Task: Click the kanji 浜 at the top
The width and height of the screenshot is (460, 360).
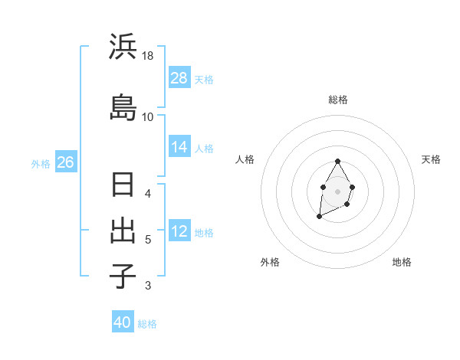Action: pyautogui.click(x=123, y=47)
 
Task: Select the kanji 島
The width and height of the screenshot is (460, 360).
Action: pyautogui.click(x=123, y=107)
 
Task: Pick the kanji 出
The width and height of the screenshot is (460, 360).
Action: pyautogui.click(x=123, y=231)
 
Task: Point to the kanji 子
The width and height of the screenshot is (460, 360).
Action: pyautogui.click(x=123, y=276)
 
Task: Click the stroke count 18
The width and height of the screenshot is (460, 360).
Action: pyautogui.click(x=149, y=56)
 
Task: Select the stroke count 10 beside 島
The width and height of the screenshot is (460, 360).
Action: pyautogui.click(x=148, y=116)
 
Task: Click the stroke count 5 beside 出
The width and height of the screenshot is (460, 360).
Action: pyautogui.click(x=148, y=240)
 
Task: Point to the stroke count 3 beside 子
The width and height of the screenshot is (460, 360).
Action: pyautogui.click(x=148, y=286)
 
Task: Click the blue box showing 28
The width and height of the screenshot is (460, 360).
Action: pyautogui.click(x=179, y=78)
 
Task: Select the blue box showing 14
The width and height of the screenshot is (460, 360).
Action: pyautogui.click(x=179, y=148)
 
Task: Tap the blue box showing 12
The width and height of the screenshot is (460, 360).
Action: pyautogui.click(x=179, y=232)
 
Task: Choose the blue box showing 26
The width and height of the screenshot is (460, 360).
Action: pyautogui.click(x=65, y=162)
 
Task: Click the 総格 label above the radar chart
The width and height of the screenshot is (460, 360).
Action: pyautogui.click(x=338, y=100)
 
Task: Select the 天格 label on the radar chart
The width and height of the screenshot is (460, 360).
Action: pyautogui.click(x=431, y=159)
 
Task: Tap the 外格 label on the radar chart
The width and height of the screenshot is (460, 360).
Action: pyautogui.click(x=270, y=262)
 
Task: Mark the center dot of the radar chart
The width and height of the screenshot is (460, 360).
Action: pyautogui.click(x=337, y=191)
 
